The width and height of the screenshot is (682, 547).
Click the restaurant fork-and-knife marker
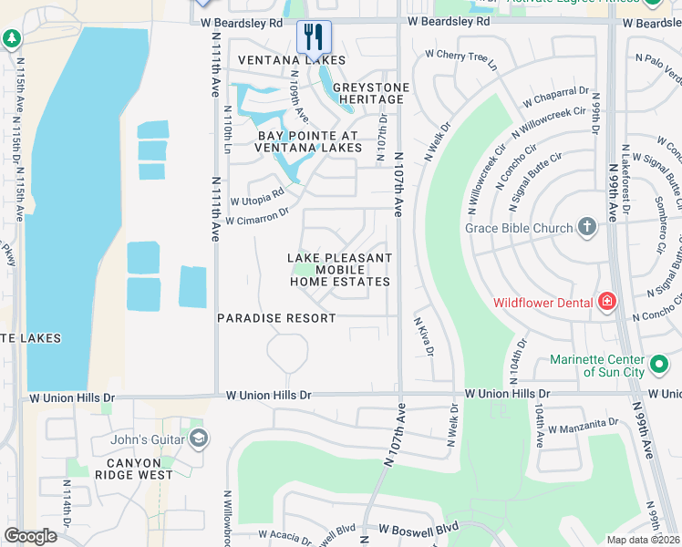pyautogui.click(x=314, y=37)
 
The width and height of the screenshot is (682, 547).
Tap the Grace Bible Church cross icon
pyautogui.click(x=587, y=228)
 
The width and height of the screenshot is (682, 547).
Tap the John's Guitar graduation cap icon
pyautogui.click(x=197, y=440)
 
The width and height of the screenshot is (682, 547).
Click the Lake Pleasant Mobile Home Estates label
pyautogui.click(x=340, y=270)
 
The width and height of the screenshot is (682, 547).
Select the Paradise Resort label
pyautogui.click(x=276, y=318)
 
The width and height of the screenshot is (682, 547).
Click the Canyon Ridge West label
pyautogui.click(x=132, y=468)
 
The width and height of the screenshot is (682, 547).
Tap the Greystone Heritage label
pyautogui.click(x=368, y=93)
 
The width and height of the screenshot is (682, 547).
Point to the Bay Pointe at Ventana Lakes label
pyautogui.click(x=295, y=140)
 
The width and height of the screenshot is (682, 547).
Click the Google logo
pyautogui.click(x=30, y=536)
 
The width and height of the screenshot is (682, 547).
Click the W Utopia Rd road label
pyautogui.click(x=257, y=196)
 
